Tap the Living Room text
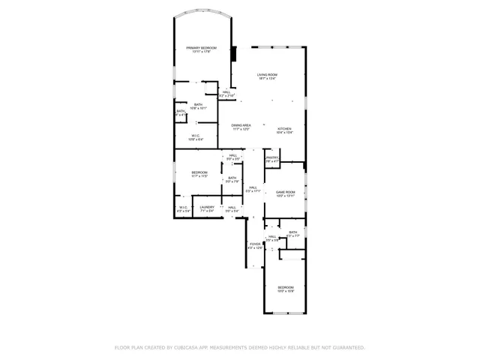[x=267, y=74]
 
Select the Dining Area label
[x=241, y=125]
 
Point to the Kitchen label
[x=285, y=128]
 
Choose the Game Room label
[x=285, y=192]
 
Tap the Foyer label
[x=255, y=244]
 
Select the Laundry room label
[x=207, y=207]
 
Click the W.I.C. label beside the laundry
[x=183, y=207]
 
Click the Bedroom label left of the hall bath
[x=199, y=172]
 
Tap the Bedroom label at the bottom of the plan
[x=286, y=287]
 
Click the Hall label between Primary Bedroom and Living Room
[x=226, y=92]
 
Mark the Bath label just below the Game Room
[x=292, y=232]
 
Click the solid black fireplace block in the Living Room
[x=234, y=55]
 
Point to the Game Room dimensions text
[x=285, y=196]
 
